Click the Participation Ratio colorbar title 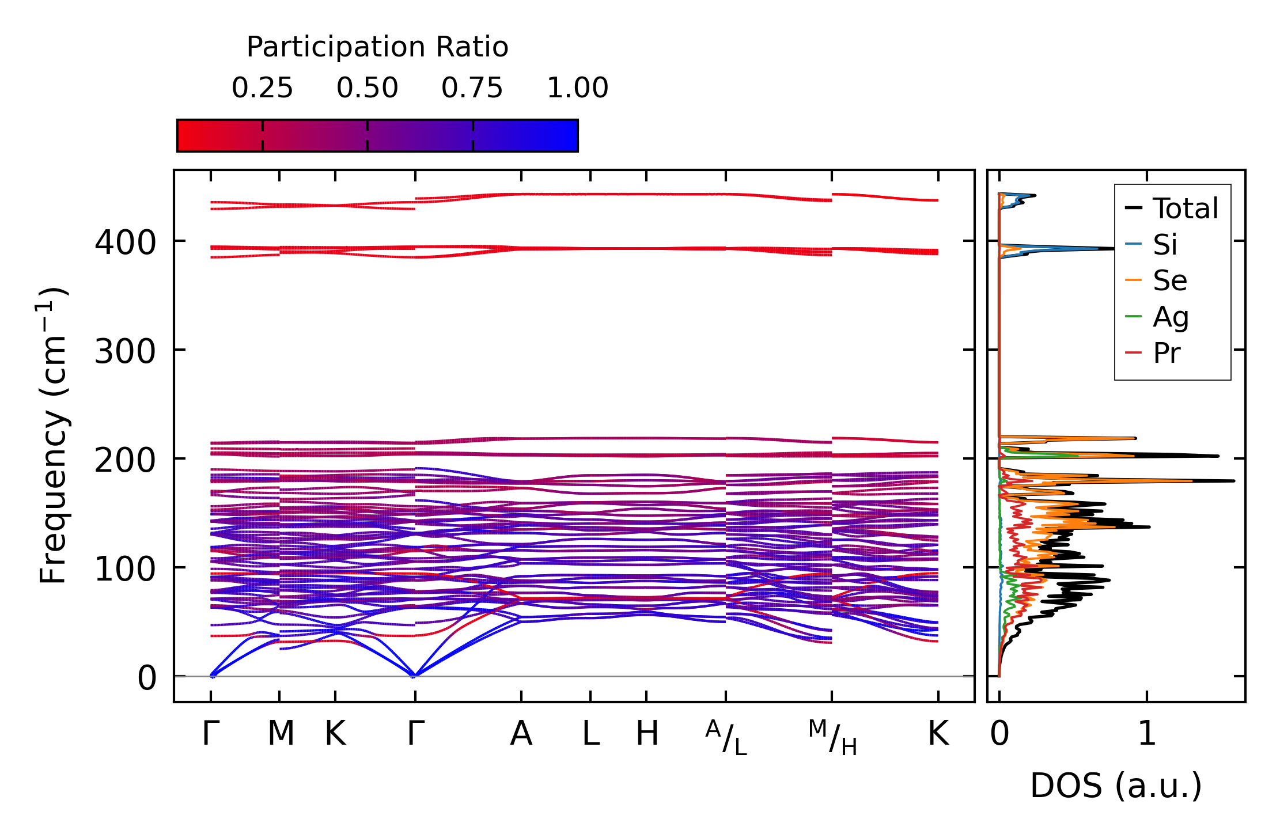377,47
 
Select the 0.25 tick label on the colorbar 262,88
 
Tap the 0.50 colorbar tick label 368,88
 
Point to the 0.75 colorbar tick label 472,88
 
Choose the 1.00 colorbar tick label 577,88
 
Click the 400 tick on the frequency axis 125,242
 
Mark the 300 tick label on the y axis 125,351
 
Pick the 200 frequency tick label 125,460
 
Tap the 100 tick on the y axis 125,569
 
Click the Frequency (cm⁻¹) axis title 54,435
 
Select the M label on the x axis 281,734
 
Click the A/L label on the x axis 726,737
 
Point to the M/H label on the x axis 832,737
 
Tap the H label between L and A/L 647,734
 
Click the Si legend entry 1165,245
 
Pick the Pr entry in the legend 1167,353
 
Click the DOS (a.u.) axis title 1116,786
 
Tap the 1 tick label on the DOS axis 1147,734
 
